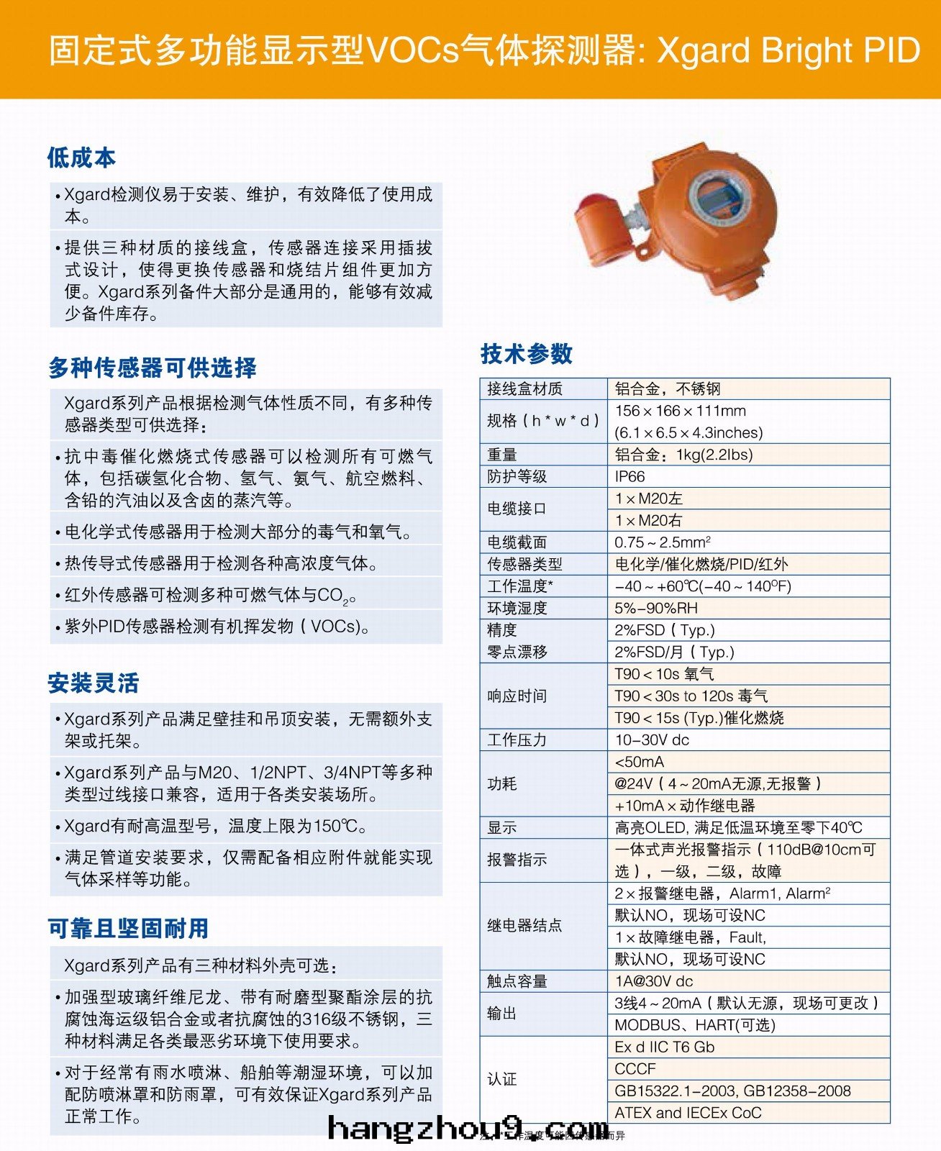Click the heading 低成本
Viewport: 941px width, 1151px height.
(x=81, y=158)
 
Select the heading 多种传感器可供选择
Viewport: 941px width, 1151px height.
(x=153, y=368)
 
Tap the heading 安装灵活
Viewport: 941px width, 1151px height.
(x=94, y=683)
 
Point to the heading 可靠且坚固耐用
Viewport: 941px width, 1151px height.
(x=128, y=929)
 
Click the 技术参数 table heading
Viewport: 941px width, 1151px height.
(x=527, y=354)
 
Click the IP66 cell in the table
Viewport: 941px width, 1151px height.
(x=629, y=477)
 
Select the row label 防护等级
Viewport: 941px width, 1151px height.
(x=517, y=477)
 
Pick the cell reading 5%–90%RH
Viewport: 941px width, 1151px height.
(x=655, y=609)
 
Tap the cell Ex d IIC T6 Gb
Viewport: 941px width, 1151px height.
(x=664, y=1047)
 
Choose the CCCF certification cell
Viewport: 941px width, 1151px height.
(x=635, y=1069)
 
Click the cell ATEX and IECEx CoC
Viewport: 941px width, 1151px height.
(x=687, y=1113)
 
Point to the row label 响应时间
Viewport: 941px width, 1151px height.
(x=517, y=696)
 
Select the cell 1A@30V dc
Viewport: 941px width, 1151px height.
(x=653, y=981)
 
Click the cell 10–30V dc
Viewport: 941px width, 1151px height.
(x=651, y=740)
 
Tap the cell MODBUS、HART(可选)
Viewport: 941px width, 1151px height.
(x=694, y=1025)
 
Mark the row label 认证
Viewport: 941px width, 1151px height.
(x=501, y=1080)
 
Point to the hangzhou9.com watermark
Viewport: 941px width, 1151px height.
(x=468, y=1129)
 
